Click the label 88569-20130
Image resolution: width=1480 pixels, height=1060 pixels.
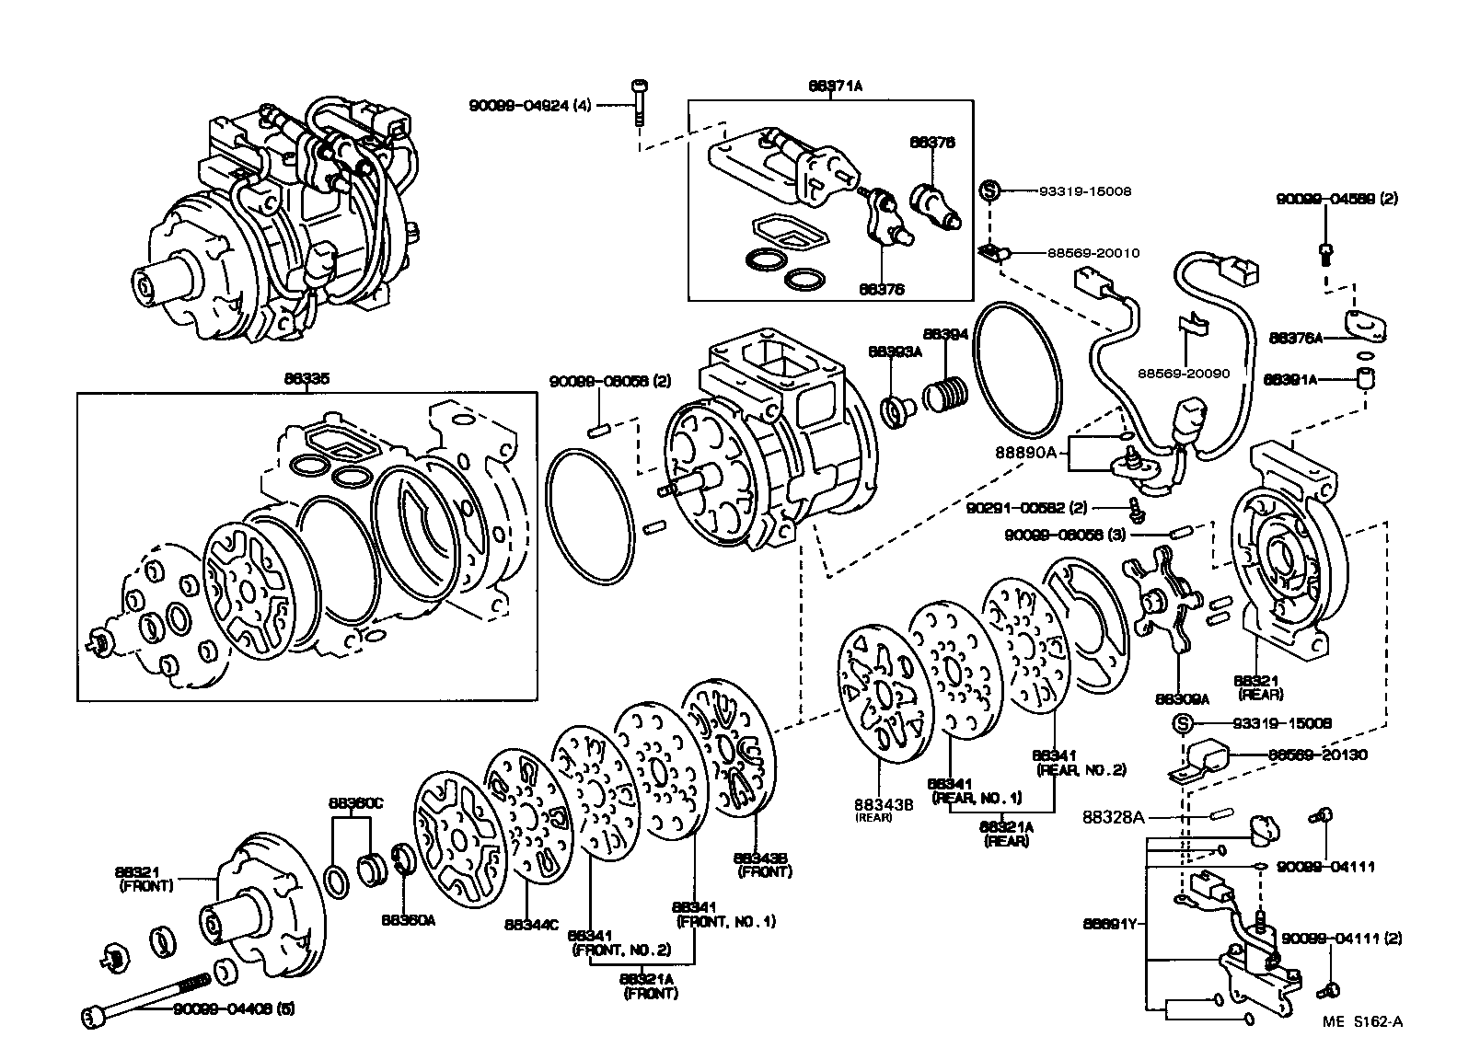point(1317,755)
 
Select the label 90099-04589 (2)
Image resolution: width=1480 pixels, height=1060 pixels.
point(1336,198)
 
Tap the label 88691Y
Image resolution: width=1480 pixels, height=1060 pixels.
point(1113,922)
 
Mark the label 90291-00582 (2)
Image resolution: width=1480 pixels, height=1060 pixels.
point(1040,507)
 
